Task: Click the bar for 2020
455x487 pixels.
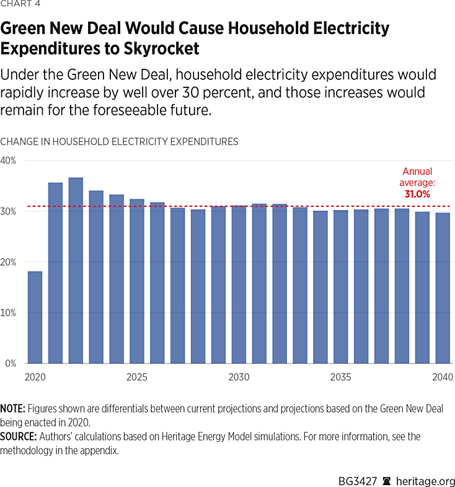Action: click(35, 317)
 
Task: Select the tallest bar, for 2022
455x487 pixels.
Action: click(76, 271)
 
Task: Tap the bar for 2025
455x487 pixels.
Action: click(137, 281)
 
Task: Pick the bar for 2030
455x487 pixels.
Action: click(239, 284)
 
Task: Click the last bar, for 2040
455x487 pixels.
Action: click(443, 288)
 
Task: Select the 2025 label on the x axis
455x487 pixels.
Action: click(137, 377)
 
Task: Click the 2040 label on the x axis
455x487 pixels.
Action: click(443, 377)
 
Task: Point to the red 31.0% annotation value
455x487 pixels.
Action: click(417, 195)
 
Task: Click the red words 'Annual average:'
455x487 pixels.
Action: click(417, 177)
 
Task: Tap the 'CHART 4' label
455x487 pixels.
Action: click(20, 8)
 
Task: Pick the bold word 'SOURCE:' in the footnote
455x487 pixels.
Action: click(19, 437)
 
